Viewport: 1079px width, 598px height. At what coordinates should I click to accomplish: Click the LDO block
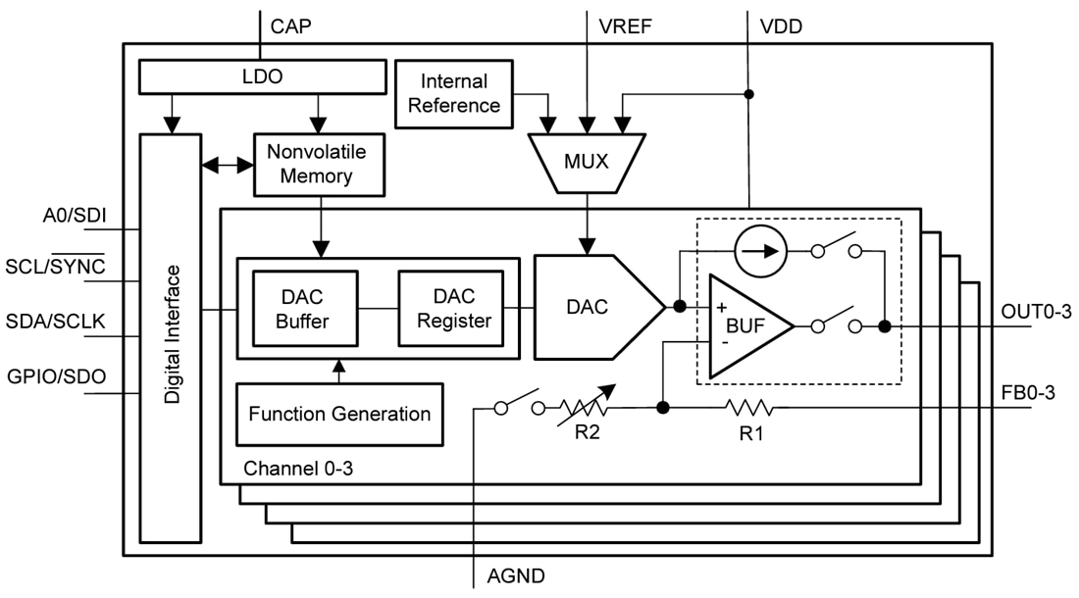click(261, 75)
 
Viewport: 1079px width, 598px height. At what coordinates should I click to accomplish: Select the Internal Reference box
click(454, 93)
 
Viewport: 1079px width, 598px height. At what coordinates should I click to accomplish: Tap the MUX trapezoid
click(586, 161)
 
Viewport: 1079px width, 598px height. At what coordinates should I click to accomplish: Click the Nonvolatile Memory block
click(316, 164)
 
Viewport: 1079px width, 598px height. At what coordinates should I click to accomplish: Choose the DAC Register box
click(450, 308)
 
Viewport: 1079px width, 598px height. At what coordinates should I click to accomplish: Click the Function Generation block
click(339, 414)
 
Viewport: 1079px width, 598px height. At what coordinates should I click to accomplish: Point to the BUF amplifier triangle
click(745, 325)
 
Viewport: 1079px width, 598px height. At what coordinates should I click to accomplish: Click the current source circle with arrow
click(761, 251)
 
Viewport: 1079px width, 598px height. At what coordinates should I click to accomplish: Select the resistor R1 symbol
click(750, 407)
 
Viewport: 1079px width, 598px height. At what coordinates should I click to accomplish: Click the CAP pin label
click(290, 26)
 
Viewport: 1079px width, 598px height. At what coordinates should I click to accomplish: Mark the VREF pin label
click(625, 26)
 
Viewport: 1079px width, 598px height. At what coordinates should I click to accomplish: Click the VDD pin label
click(781, 26)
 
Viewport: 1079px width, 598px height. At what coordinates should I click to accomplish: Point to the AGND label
click(516, 576)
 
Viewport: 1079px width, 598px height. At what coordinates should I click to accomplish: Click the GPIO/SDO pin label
click(57, 377)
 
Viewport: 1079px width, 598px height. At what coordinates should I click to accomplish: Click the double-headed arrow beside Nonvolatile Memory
click(227, 167)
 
